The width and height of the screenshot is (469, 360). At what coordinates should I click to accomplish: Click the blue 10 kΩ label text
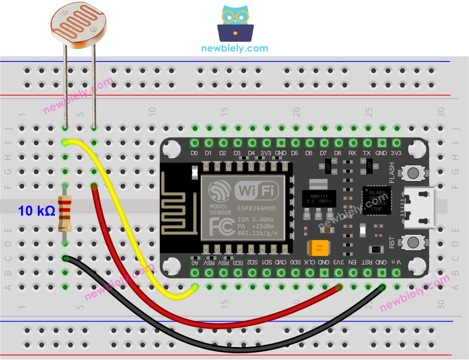36,211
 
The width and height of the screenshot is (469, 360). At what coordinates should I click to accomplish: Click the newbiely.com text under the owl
234,49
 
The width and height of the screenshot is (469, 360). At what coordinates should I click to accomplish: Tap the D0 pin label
194,153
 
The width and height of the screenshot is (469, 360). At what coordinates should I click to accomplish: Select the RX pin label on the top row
352,153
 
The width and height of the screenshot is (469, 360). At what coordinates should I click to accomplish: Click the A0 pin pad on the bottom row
195,273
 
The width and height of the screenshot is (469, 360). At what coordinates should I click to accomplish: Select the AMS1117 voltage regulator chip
319,199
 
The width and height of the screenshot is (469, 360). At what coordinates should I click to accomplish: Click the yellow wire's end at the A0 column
195,287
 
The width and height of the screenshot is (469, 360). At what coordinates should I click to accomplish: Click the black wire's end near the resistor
66,258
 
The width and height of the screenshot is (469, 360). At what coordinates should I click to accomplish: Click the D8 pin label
338,153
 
